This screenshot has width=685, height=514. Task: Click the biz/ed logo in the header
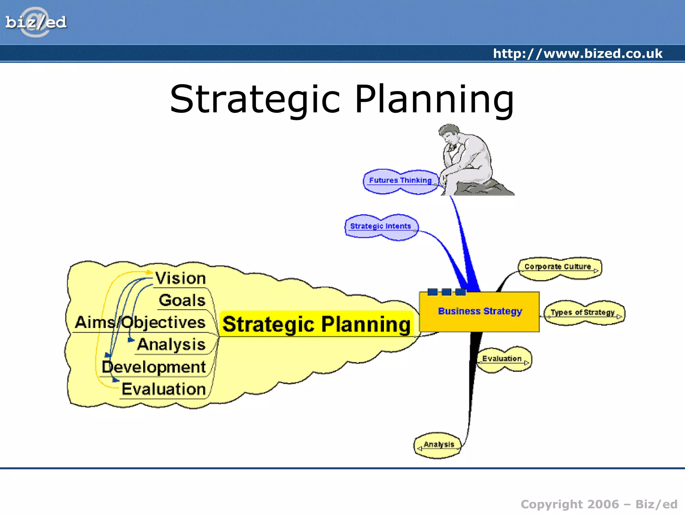[x=36, y=22]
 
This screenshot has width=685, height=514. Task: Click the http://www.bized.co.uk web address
[x=577, y=54]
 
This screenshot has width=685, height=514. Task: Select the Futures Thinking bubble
[x=400, y=181]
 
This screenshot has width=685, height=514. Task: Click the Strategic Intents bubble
[x=381, y=227]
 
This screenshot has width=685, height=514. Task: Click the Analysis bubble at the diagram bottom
[x=438, y=445]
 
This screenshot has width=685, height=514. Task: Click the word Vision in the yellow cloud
[x=181, y=278]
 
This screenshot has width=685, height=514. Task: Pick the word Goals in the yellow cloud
[x=182, y=301]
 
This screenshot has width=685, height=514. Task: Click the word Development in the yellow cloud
[x=154, y=367]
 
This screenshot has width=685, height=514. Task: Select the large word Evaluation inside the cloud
[x=164, y=389]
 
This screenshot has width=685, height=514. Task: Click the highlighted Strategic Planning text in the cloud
[x=316, y=324]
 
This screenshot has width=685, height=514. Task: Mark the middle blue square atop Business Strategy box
[x=447, y=292]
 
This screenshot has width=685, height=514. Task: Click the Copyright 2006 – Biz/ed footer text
[x=599, y=504]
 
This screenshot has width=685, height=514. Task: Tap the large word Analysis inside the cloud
[x=171, y=345]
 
